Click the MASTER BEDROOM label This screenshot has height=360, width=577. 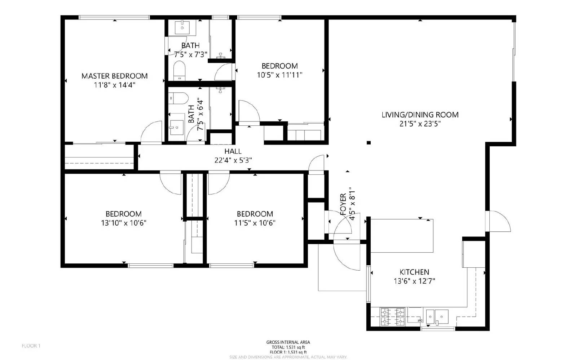(x=114, y=76)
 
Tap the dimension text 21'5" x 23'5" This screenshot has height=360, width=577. (x=420, y=124)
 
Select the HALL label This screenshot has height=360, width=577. (x=233, y=151)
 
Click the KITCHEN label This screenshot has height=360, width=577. (x=414, y=272)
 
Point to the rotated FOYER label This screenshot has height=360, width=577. (x=343, y=204)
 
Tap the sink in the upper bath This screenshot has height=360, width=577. (x=182, y=27)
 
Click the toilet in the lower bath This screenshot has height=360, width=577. (x=178, y=98)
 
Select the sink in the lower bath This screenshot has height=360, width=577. (x=176, y=127)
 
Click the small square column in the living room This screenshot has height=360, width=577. (x=369, y=143)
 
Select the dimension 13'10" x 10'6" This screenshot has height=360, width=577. (x=124, y=223)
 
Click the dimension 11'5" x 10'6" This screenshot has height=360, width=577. (x=255, y=223)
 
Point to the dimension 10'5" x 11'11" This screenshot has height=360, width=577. (x=279, y=75)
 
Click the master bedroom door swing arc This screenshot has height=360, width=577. (x=152, y=132)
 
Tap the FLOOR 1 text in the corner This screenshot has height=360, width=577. (x=31, y=346)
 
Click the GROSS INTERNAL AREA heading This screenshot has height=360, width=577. (x=288, y=342)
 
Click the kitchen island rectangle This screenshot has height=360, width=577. (x=402, y=236)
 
